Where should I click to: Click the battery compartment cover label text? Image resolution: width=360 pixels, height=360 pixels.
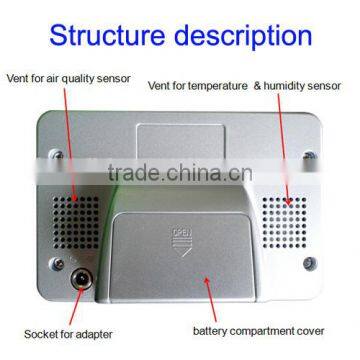pyautogui.click(x=257, y=329)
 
